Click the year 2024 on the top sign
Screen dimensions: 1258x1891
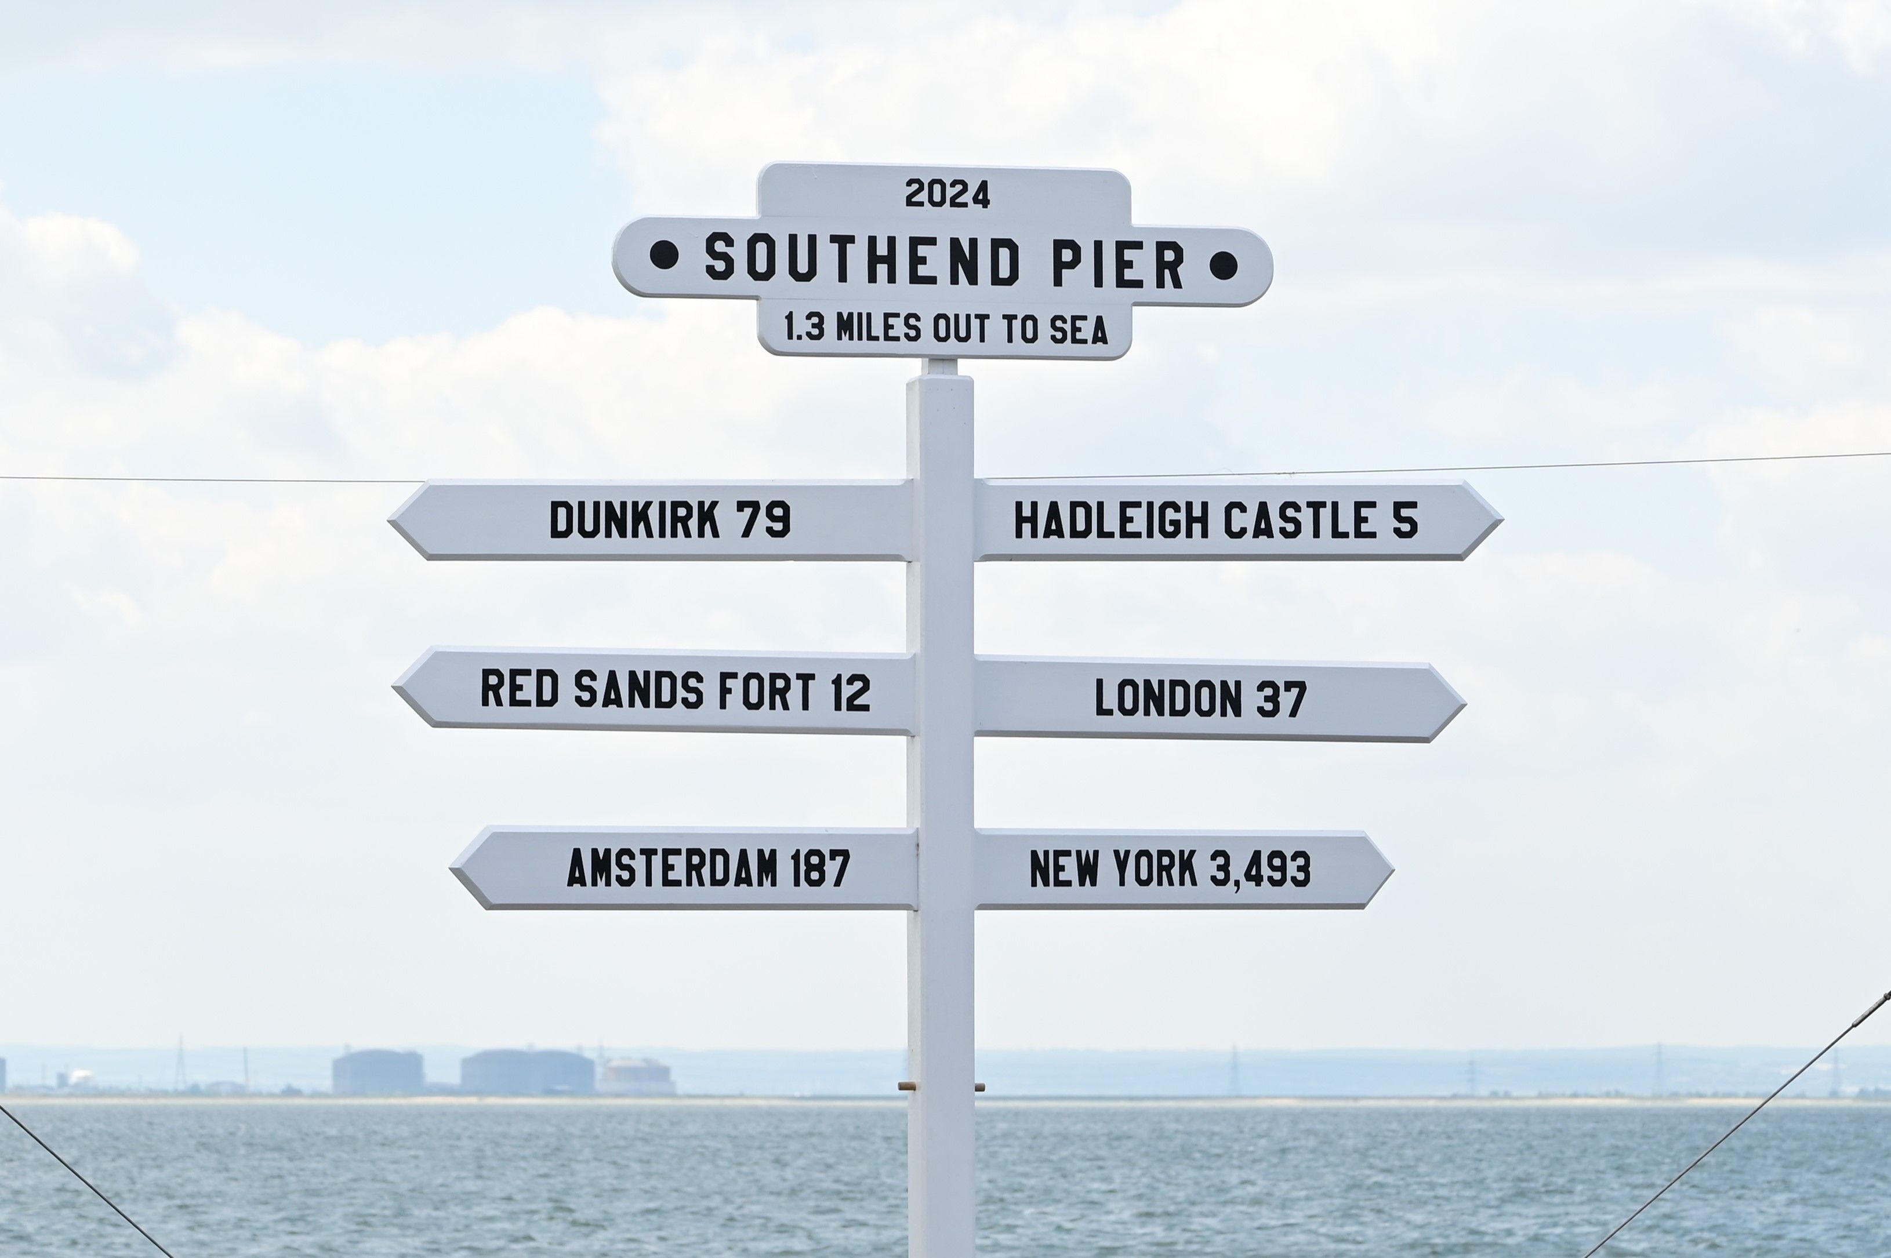coord(947,194)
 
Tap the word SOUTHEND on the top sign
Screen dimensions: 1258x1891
coord(862,260)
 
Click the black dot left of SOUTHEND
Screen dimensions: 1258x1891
coord(663,255)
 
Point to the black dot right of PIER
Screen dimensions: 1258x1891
coord(1223,266)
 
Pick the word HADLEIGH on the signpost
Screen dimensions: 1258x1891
coord(1111,521)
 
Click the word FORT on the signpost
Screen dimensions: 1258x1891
coord(766,691)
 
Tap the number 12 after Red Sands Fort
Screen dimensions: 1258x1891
coord(851,692)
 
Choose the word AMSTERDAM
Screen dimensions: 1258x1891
coord(672,868)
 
